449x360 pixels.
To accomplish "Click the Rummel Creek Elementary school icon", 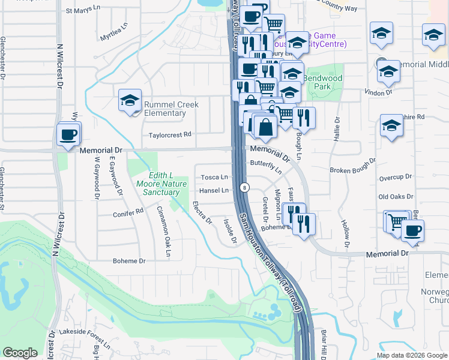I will [130, 101].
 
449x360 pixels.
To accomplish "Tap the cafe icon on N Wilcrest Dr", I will [68, 134].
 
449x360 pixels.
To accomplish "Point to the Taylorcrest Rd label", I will [170, 135].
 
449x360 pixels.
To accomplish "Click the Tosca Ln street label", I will [214, 177].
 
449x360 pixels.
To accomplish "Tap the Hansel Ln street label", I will [214, 191].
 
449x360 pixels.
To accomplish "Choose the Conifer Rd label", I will [128, 212].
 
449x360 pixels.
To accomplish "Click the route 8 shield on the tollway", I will [244, 187].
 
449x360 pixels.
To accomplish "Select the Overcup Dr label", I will [396, 178].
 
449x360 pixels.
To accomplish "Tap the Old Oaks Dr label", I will [396, 197].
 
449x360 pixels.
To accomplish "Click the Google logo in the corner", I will [20, 353].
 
